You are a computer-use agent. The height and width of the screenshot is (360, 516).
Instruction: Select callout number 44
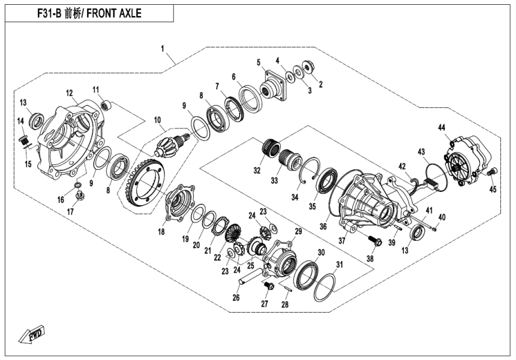pos(441,127)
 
